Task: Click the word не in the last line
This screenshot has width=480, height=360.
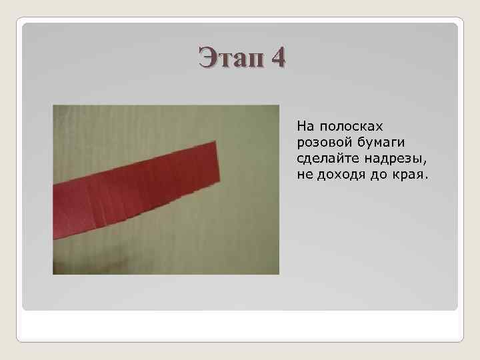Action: (x=304, y=175)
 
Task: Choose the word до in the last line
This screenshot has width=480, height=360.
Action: (x=377, y=175)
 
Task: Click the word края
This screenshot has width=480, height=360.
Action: (x=410, y=176)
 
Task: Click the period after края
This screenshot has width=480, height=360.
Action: (x=427, y=179)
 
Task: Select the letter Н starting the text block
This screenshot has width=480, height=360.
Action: (x=301, y=125)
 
